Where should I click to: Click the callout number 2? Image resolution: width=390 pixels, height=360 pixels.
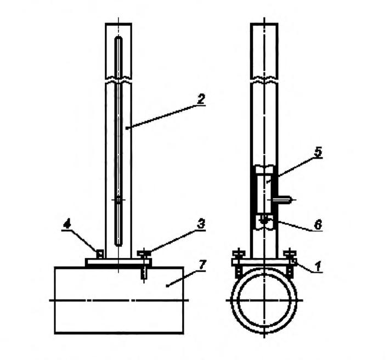[201, 99]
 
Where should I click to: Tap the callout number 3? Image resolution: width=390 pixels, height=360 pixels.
[201, 224]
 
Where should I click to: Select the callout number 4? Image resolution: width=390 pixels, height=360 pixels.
[67, 224]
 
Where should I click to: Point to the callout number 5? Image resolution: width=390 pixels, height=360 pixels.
[318, 152]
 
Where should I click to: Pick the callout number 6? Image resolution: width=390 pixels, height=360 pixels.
[318, 225]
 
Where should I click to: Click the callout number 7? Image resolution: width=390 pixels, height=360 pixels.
[202, 265]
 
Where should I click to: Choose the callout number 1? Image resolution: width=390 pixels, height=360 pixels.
[318, 267]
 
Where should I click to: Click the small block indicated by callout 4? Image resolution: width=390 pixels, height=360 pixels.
[99, 254]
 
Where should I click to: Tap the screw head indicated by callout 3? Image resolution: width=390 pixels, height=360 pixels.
[144, 254]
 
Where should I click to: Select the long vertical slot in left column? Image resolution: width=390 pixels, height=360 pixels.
[118, 142]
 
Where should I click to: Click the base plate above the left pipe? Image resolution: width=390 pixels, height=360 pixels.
[118, 262]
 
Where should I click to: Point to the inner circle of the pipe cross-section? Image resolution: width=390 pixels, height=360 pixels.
[264, 300]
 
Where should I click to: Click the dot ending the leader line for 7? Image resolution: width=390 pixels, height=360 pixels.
[167, 286]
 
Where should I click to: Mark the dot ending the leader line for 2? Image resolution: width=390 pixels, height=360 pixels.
[127, 128]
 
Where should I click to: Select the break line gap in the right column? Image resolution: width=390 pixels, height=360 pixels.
[264, 80]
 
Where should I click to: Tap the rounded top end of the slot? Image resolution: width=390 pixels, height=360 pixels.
[118, 39]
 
